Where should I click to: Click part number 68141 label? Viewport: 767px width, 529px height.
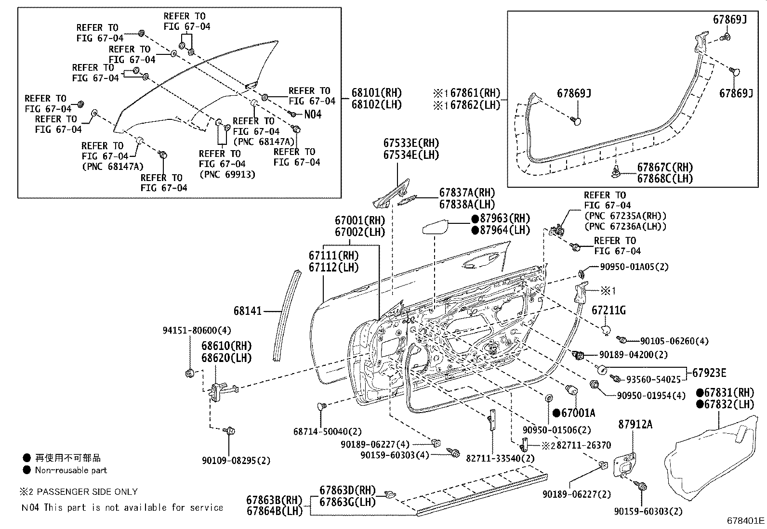(248, 311)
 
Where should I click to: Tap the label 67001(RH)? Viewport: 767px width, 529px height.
(359, 221)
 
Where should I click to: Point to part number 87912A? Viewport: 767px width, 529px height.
(635, 425)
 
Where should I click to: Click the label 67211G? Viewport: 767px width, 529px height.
(608, 311)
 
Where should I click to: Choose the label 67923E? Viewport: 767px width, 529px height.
(709, 373)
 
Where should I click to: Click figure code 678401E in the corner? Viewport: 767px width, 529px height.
(745, 520)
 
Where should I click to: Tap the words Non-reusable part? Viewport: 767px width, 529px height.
(71, 470)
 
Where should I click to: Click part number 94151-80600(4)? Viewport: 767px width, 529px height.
(197, 331)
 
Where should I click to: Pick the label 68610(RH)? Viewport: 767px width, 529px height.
(226, 346)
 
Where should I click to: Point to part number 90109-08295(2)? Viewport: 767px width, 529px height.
(236, 461)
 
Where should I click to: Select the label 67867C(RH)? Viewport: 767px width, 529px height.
(665, 168)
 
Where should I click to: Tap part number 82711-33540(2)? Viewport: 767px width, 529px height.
(500, 459)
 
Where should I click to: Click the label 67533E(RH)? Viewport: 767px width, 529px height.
(411, 143)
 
